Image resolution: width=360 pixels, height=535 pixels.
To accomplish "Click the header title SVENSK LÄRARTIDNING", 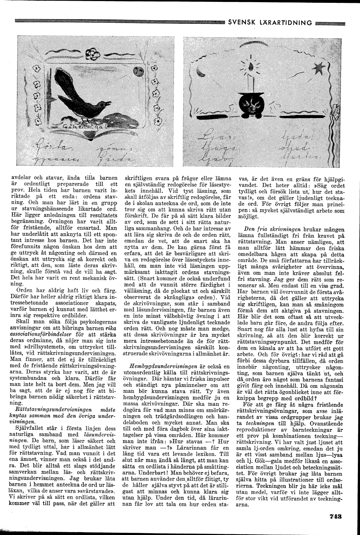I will click(270, 23).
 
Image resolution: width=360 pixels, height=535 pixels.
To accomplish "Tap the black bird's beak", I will click(107, 103).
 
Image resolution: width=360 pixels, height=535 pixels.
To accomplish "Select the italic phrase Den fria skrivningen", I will click(270, 229).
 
